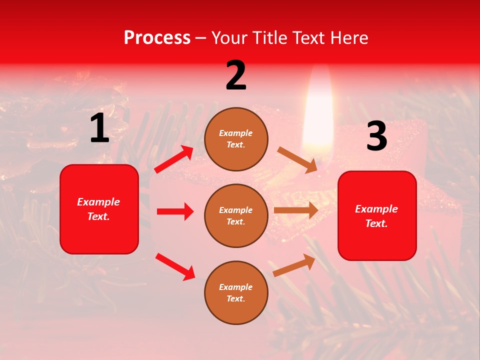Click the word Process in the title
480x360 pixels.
pos(157,38)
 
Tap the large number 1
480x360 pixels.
pos(99,128)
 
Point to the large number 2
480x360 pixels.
pos(236,75)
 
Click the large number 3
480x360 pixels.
pos(376,136)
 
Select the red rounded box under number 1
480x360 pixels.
pos(99,209)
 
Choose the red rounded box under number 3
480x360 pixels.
pos(377,215)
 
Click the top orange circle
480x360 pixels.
pos(236,139)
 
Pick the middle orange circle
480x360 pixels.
pos(236,215)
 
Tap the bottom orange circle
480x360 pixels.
pos(236,292)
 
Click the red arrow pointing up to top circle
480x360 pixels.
pos(174,159)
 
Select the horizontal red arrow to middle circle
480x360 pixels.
pos(175,211)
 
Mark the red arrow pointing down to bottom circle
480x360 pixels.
pos(175,266)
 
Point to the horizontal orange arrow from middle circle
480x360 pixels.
pos(296,210)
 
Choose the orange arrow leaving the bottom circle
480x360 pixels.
pos(294,265)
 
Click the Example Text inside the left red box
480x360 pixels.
pos(98,209)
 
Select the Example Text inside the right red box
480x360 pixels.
pos(376,216)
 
